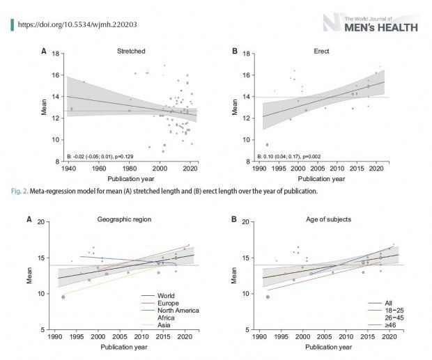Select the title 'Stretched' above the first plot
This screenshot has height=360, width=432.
pos(132,52)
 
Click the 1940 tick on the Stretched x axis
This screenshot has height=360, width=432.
pos(68,168)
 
